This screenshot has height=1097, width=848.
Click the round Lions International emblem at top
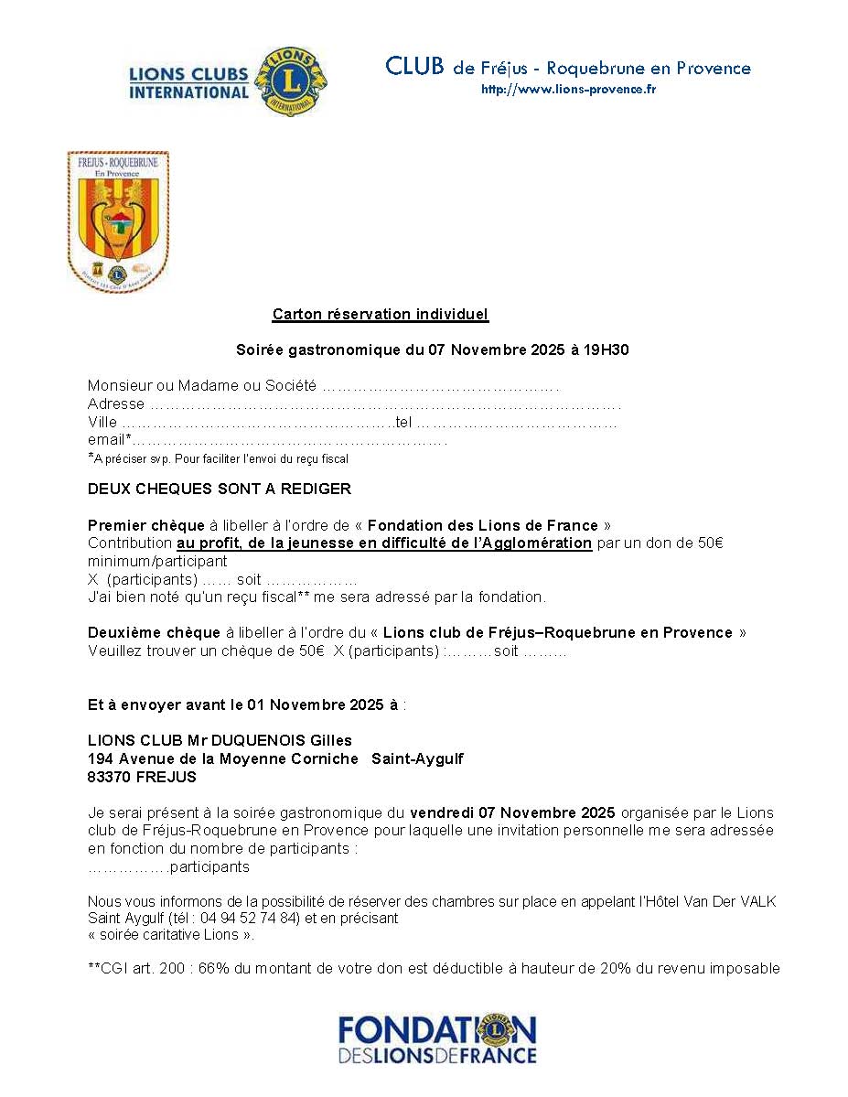click(x=290, y=82)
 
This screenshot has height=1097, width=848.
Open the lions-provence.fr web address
click(x=568, y=90)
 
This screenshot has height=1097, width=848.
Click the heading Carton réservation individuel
click(x=381, y=315)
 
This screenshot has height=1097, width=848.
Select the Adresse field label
click(x=116, y=403)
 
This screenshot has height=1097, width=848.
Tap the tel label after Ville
click(x=403, y=422)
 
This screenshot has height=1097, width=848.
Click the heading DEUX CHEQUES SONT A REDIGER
click(x=220, y=489)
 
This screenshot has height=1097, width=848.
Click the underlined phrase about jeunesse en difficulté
click(x=384, y=543)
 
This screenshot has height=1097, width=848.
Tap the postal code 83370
click(x=108, y=778)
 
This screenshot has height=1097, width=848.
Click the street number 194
click(x=100, y=759)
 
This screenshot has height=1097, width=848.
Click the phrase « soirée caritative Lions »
click(x=171, y=935)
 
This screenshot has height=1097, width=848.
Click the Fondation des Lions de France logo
click(x=437, y=1039)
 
